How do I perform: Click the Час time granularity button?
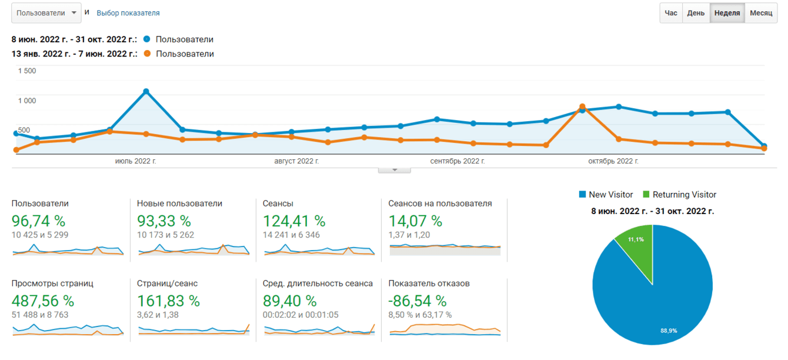coord(671,13)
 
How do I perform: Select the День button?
coord(696,13)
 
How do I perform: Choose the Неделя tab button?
coord(727,13)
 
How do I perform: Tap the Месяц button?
coord(761,13)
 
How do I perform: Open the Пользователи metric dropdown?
coord(46,13)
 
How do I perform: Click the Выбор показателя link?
coord(128,13)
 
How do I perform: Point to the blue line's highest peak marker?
coord(146,91)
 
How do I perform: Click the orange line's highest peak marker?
coord(582,107)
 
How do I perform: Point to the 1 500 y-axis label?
coord(27,71)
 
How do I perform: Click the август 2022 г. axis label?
coord(297,161)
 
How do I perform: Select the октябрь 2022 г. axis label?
coord(613,161)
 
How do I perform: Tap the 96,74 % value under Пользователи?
coord(39,221)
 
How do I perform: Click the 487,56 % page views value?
coord(43,301)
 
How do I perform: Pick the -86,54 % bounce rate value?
coord(418,301)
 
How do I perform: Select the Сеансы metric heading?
coord(278,204)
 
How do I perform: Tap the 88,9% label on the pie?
coord(669,331)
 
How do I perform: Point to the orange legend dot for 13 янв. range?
coord(147,54)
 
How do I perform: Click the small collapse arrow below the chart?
coord(394,170)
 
